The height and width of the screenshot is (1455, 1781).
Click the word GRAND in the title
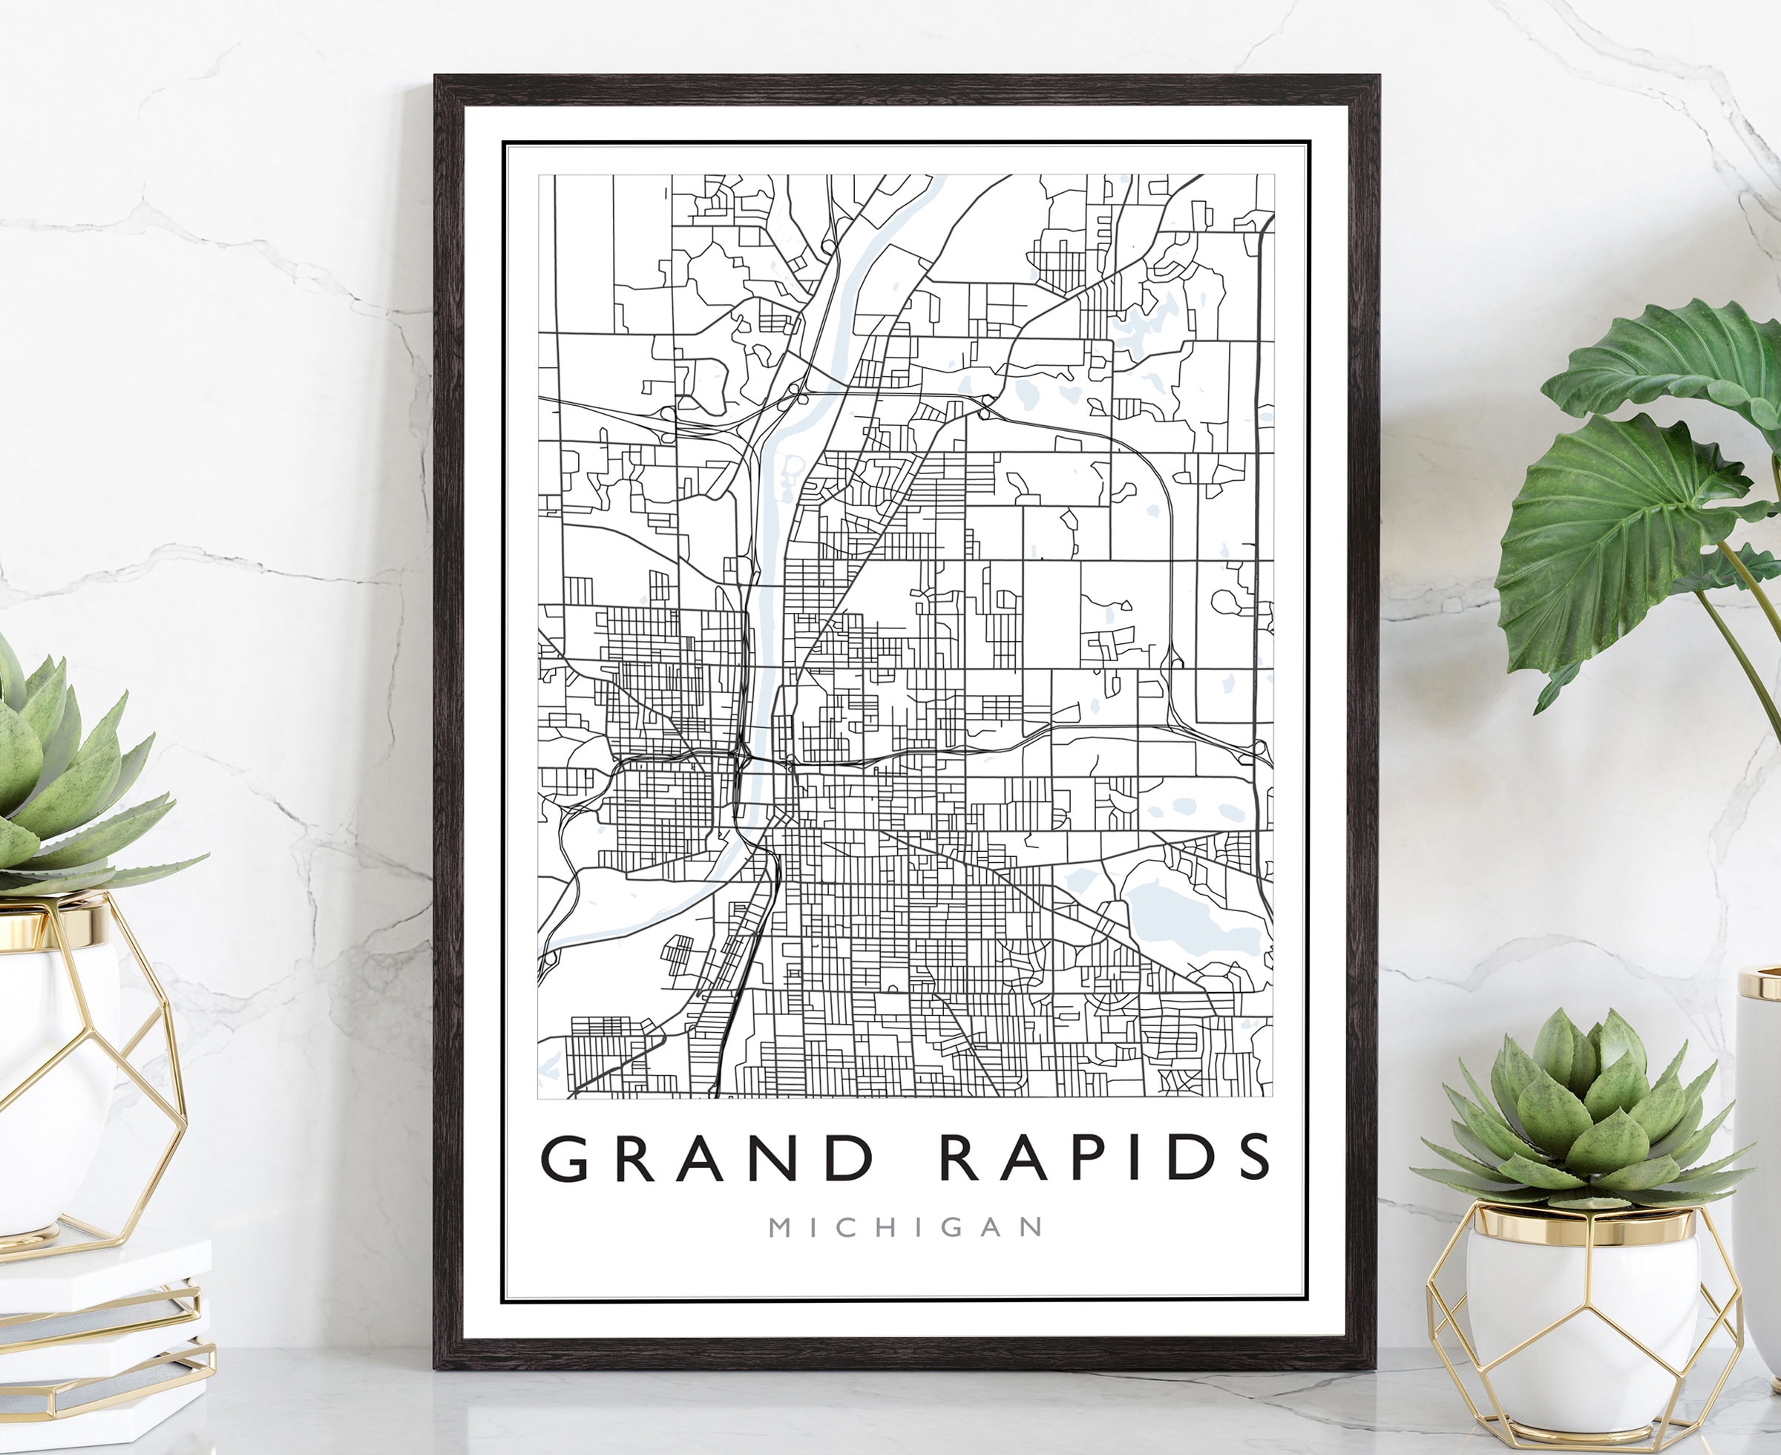click(709, 1158)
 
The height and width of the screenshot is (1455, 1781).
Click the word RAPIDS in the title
click(1106, 1158)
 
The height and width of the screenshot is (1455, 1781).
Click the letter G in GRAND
click(565, 1158)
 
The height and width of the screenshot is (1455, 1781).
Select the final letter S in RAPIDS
click(1249, 1158)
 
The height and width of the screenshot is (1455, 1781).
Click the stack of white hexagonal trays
click(101, 1341)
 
